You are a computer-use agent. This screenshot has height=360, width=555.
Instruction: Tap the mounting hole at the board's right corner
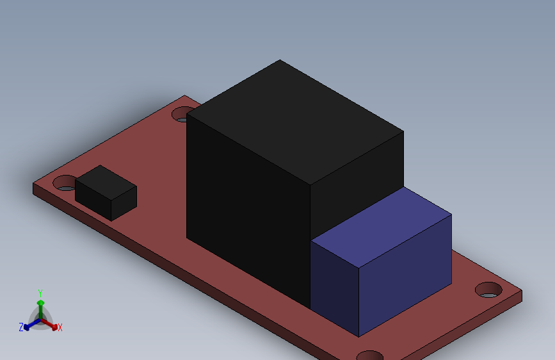tap(488, 290)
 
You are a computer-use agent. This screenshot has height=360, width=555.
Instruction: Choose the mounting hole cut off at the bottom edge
tap(370, 355)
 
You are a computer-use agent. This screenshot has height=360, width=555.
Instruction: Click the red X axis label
tap(60, 327)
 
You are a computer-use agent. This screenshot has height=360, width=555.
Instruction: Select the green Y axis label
tap(40, 292)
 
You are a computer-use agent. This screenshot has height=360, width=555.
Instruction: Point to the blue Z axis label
tap(21, 327)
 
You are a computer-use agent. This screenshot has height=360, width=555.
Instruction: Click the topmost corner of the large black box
tap(280, 60)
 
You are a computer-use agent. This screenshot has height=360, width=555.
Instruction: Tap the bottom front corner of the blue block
tap(359, 336)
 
